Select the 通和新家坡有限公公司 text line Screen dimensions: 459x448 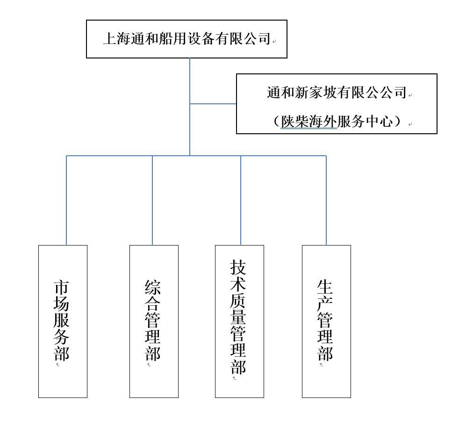point(337,93)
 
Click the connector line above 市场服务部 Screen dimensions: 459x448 point(66,200)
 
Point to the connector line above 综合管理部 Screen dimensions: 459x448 point(152,200)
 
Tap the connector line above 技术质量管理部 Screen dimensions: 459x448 point(241,200)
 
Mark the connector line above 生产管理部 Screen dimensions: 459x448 point(326,200)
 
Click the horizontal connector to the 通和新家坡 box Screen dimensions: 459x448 point(213,104)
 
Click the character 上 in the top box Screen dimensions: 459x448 point(110,39)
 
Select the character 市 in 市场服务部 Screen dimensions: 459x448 point(62,287)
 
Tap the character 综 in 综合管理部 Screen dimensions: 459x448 point(152,287)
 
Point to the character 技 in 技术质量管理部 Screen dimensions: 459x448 point(238,267)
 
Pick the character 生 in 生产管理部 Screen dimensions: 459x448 point(325,287)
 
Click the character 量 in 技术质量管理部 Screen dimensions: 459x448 point(238,317)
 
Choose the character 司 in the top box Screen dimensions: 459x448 point(264,39)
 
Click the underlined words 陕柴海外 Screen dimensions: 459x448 point(308,121)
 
